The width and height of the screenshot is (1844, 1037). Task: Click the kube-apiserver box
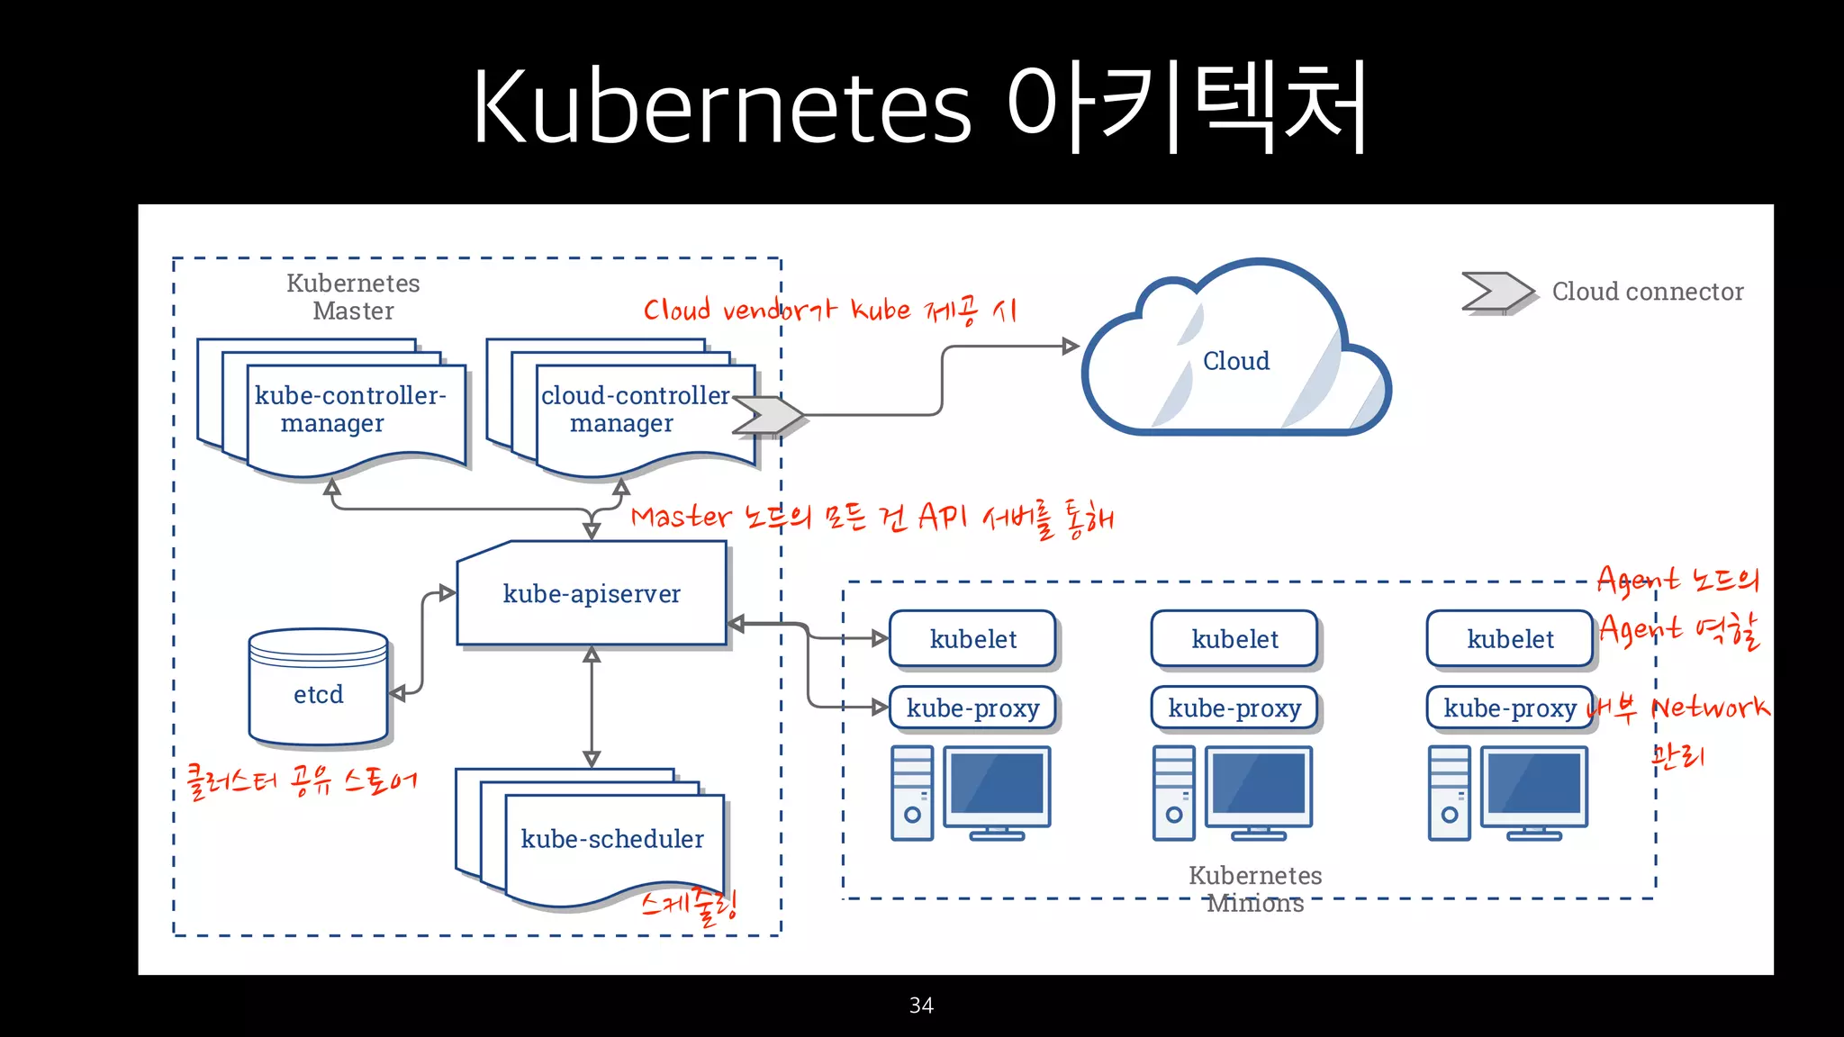tap(592, 594)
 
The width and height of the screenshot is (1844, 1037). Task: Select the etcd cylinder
tap(318, 689)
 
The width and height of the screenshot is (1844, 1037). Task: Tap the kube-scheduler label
tap(612, 839)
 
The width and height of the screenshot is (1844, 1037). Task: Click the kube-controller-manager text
tap(349, 409)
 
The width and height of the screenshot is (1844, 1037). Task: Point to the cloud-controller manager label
tap(634, 409)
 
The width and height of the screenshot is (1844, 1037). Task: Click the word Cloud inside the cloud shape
tap(1235, 361)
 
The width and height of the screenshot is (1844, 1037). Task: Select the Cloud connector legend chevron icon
tap(1496, 292)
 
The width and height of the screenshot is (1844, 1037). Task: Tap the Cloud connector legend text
tap(1647, 292)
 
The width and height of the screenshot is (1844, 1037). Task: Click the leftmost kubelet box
tap(972, 639)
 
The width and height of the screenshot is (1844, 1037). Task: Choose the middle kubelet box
tap(1234, 639)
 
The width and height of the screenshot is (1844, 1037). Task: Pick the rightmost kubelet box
tap(1510, 639)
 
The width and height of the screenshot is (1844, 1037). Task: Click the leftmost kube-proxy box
tap(972, 708)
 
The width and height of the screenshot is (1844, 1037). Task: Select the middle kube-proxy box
tap(1234, 708)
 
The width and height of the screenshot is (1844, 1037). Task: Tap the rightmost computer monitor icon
tap(1534, 790)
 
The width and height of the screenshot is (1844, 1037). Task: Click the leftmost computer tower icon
tap(912, 793)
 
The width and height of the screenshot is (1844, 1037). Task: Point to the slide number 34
tap(921, 1005)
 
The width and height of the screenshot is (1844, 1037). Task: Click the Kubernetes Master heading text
tap(353, 296)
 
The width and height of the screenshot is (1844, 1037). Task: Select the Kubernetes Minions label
tap(1254, 888)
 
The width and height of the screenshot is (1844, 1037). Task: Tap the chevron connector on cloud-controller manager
tap(766, 415)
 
